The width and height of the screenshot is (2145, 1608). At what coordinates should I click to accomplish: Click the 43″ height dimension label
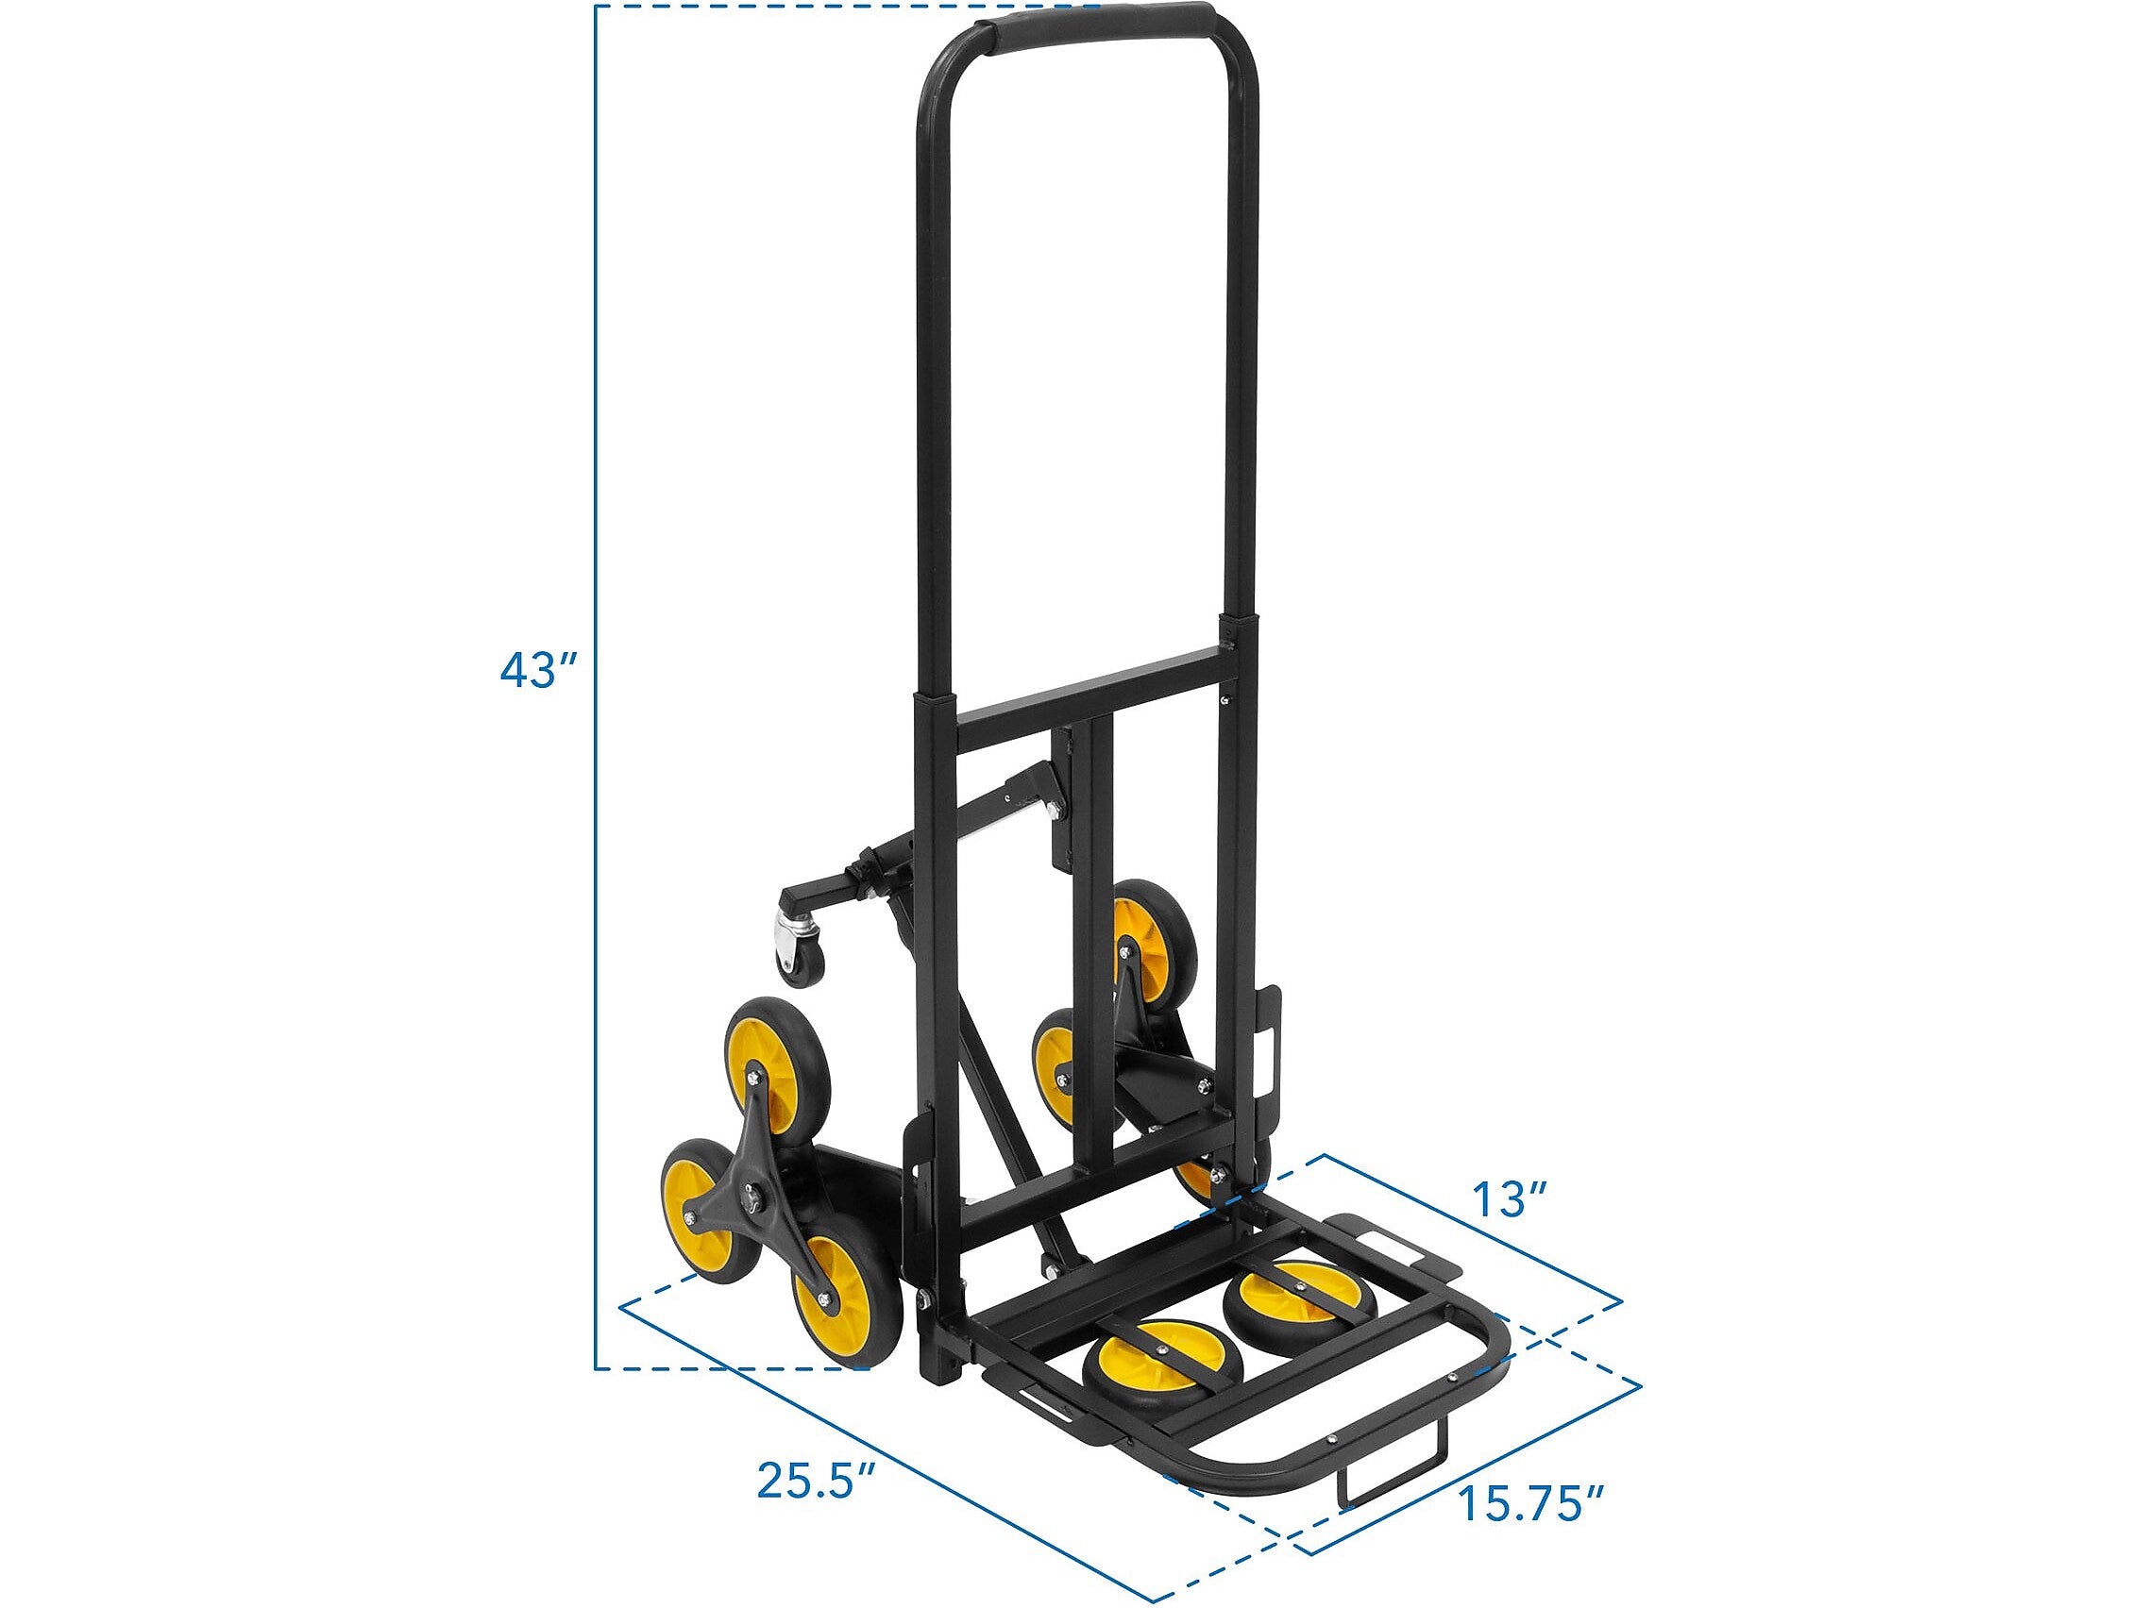pyautogui.click(x=539, y=670)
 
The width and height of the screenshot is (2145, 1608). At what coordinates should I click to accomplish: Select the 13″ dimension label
pyautogui.click(x=1502, y=1201)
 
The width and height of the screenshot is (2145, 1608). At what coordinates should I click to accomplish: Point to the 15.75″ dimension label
pyautogui.click(x=1531, y=1503)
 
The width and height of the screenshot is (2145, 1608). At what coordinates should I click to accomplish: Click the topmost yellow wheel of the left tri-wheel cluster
pyautogui.click(x=776, y=1057)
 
